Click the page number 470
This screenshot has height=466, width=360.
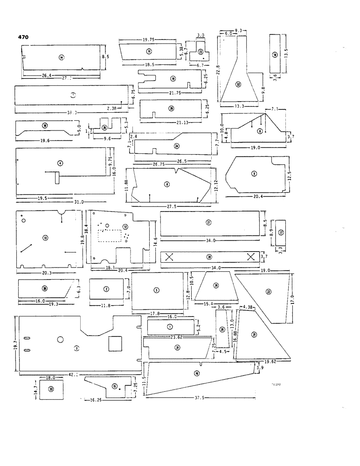[x=24, y=37]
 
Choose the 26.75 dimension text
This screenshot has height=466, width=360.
[x=148, y=164]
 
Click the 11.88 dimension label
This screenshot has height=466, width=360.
[x=127, y=185]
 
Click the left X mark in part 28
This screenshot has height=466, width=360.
[x=170, y=257]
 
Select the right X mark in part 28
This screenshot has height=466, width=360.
[x=250, y=257]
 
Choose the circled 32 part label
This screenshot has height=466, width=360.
[x=238, y=84]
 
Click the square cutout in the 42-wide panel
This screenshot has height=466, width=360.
[x=114, y=344]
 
